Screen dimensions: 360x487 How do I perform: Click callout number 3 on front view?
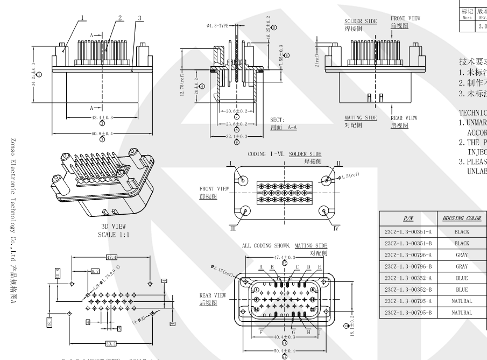coord(140,18)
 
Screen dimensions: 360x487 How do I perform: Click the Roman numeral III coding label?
coord(234,228)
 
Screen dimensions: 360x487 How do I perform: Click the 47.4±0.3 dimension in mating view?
coord(285,258)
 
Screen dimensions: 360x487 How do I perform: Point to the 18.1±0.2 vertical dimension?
coord(351,326)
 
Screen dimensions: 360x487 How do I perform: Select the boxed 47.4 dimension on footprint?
coord(112,257)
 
